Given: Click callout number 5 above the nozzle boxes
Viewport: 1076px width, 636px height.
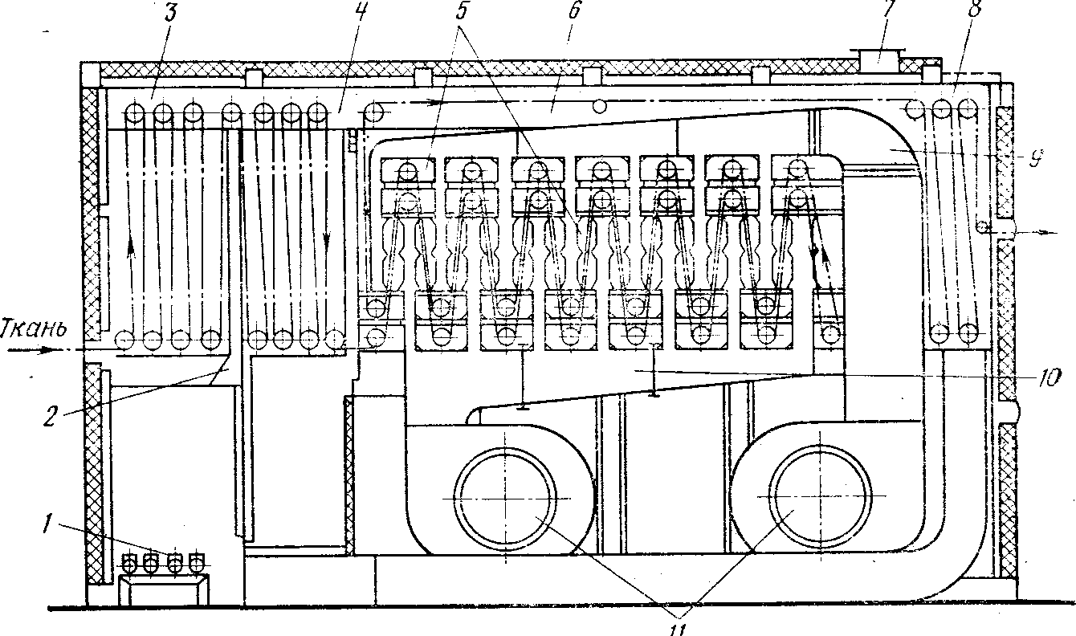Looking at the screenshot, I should pos(466,14).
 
